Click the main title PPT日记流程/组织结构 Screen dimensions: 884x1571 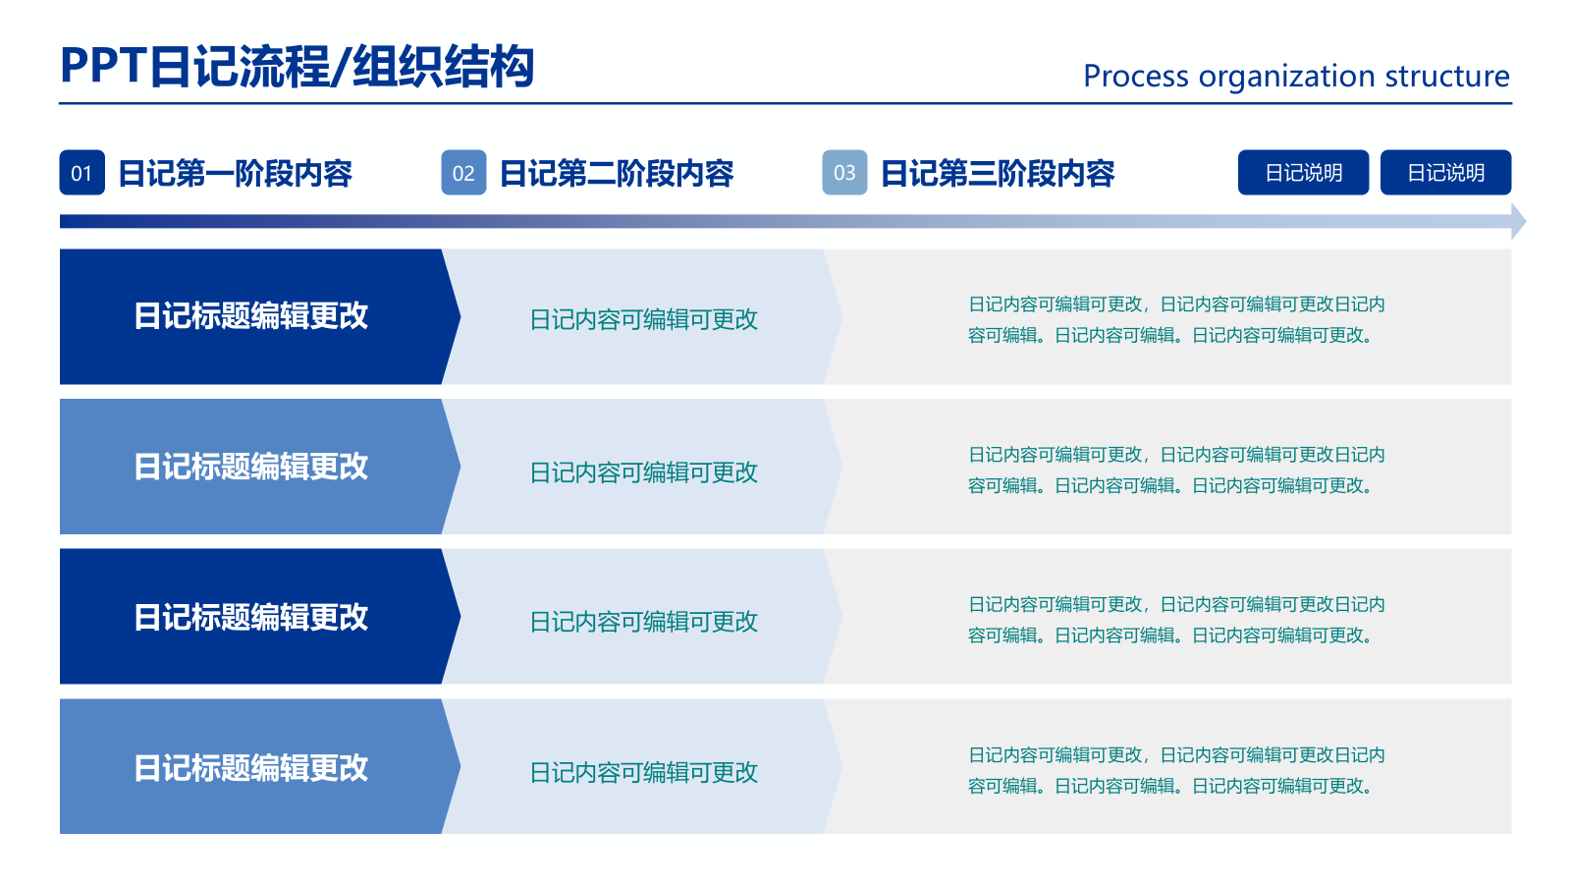pos(297,67)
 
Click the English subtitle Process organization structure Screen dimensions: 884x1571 pos(1295,76)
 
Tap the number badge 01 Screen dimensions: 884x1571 pos(81,173)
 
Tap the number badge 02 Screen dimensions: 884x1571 pos(463,173)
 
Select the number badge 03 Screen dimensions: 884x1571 pos(844,173)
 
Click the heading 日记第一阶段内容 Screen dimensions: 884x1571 pos(235,174)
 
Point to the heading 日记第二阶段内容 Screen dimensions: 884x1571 pos(617,174)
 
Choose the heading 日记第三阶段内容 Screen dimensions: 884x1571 pos(998,174)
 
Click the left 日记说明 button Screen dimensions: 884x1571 pos(1303,173)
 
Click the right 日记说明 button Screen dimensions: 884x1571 pos(1445,173)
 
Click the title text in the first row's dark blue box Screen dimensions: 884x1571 pos(250,316)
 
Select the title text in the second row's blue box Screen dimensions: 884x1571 pos(250,467)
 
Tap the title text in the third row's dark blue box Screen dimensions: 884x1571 pos(250,617)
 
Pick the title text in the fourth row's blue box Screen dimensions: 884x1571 pos(250,767)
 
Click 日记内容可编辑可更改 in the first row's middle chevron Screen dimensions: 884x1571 pos(643,319)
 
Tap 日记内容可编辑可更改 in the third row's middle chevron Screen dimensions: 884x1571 pos(643,622)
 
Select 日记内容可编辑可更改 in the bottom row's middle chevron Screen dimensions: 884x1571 pos(643,772)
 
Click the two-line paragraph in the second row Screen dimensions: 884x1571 pos(1175,470)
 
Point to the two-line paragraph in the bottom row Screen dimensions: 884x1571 pos(1175,770)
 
